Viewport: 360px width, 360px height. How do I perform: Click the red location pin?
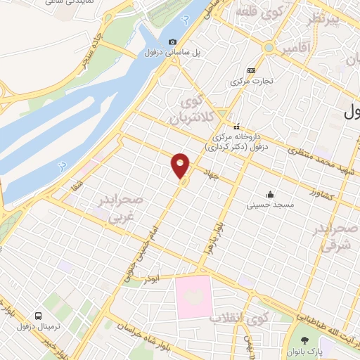pos(181,165)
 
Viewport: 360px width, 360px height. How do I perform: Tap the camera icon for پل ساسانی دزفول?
pos(174,42)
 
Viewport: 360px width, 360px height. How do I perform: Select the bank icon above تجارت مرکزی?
pos(251,70)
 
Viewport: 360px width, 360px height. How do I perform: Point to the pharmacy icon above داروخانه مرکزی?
pos(237,125)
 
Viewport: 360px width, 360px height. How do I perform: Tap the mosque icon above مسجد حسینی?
pos(269,194)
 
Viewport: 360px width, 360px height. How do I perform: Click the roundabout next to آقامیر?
pos(269,48)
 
